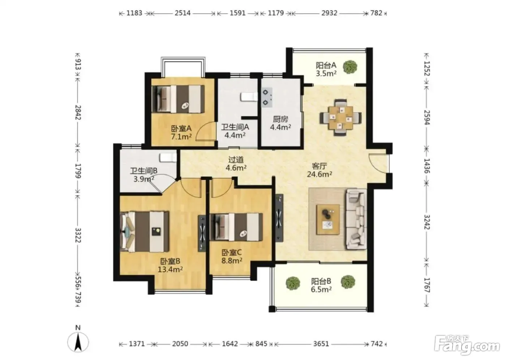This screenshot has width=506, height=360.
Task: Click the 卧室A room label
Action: (x=181, y=129)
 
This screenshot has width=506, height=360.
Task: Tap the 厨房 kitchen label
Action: (x=280, y=119)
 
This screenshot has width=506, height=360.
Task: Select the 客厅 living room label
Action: (x=319, y=166)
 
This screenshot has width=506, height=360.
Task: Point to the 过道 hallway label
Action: (x=236, y=160)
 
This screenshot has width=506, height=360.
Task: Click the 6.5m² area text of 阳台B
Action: (x=321, y=289)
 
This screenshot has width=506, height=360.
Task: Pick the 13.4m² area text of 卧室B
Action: (x=170, y=269)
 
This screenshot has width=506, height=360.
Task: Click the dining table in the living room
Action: (x=340, y=118)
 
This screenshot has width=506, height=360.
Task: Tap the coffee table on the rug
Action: (x=328, y=219)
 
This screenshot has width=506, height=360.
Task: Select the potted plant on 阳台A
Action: (x=350, y=67)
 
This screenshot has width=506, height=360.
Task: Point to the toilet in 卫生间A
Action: (x=249, y=97)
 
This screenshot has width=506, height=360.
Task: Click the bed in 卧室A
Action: (x=178, y=99)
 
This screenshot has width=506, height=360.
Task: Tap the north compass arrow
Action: (x=78, y=342)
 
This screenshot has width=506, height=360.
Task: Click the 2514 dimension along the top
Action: (x=183, y=13)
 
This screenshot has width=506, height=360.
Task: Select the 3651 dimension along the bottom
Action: (x=321, y=344)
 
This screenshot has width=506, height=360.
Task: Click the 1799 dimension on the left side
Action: (x=78, y=171)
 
